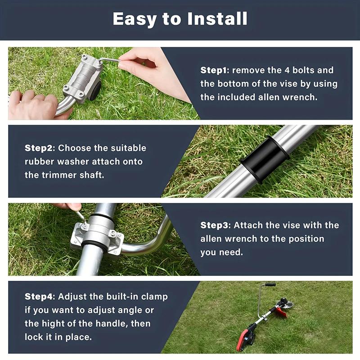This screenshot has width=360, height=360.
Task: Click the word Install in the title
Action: [x=219, y=19]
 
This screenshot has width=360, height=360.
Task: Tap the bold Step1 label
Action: [x=215, y=71]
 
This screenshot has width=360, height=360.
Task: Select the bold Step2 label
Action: [x=39, y=148]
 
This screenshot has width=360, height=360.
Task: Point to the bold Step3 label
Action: [x=215, y=225]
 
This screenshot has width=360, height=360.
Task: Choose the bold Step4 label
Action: [x=39, y=297]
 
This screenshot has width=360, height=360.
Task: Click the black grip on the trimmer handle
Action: [x=270, y=285]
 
